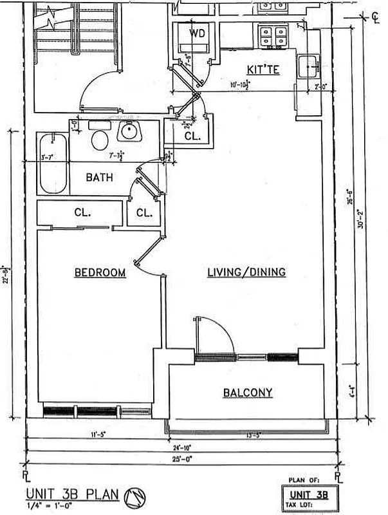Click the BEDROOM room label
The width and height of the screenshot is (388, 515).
(x=100, y=273)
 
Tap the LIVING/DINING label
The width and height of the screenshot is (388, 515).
(x=246, y=272)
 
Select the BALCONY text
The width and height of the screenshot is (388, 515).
(x=248, y=393)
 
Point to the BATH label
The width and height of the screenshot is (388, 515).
(x=100, y=177)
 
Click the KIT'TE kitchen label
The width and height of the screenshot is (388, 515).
(x=263, y=70)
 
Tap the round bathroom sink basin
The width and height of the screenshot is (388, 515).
(x=129, y=133)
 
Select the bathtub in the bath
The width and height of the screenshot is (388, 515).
(x=51, y=164)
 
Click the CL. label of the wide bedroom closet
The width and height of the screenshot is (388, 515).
(x=81, y=212)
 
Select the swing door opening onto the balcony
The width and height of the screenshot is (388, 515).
(x=212, y=335)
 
